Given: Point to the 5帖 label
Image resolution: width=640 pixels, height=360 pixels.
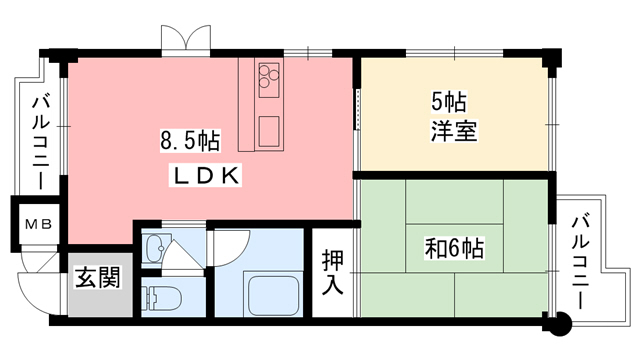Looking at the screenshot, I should (x=449, y=101).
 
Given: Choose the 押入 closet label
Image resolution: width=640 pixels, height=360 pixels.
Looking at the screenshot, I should (x=333, y=272).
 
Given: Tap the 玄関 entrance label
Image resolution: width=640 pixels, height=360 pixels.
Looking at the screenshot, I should (x=98, y=277).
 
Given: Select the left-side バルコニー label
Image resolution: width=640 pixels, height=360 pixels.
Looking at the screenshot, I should (x=41, y=141).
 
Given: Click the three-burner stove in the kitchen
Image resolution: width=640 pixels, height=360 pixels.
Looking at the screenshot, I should (x=270, y=76).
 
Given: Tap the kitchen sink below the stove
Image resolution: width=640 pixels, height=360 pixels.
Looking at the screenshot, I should (x=269, y=130).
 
